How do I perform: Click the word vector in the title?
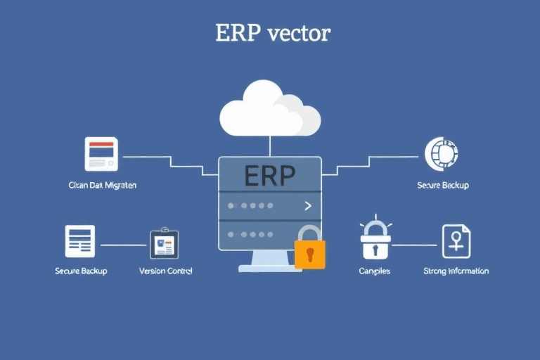[x=299, y=34]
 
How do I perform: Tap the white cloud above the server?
[x=269, y=110]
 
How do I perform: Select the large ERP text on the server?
[x=270, y=176]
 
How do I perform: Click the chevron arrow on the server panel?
[x=307, y=206]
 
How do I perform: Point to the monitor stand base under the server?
[x=270, y=268]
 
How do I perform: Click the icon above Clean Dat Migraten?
[x=101, y=154]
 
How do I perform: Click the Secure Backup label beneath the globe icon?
[x=443, y=186]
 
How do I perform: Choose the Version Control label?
[x=166, y=271]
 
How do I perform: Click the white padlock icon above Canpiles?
[x=375, y=241]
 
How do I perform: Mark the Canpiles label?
[x=375, y=271]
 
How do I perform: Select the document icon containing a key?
[x=456, y=241]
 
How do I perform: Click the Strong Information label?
[x=456, y=271]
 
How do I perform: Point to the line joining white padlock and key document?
[x=415, y=245]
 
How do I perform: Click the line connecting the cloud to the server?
[x=270, y=146]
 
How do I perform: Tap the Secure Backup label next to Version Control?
[x=81, y=271]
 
